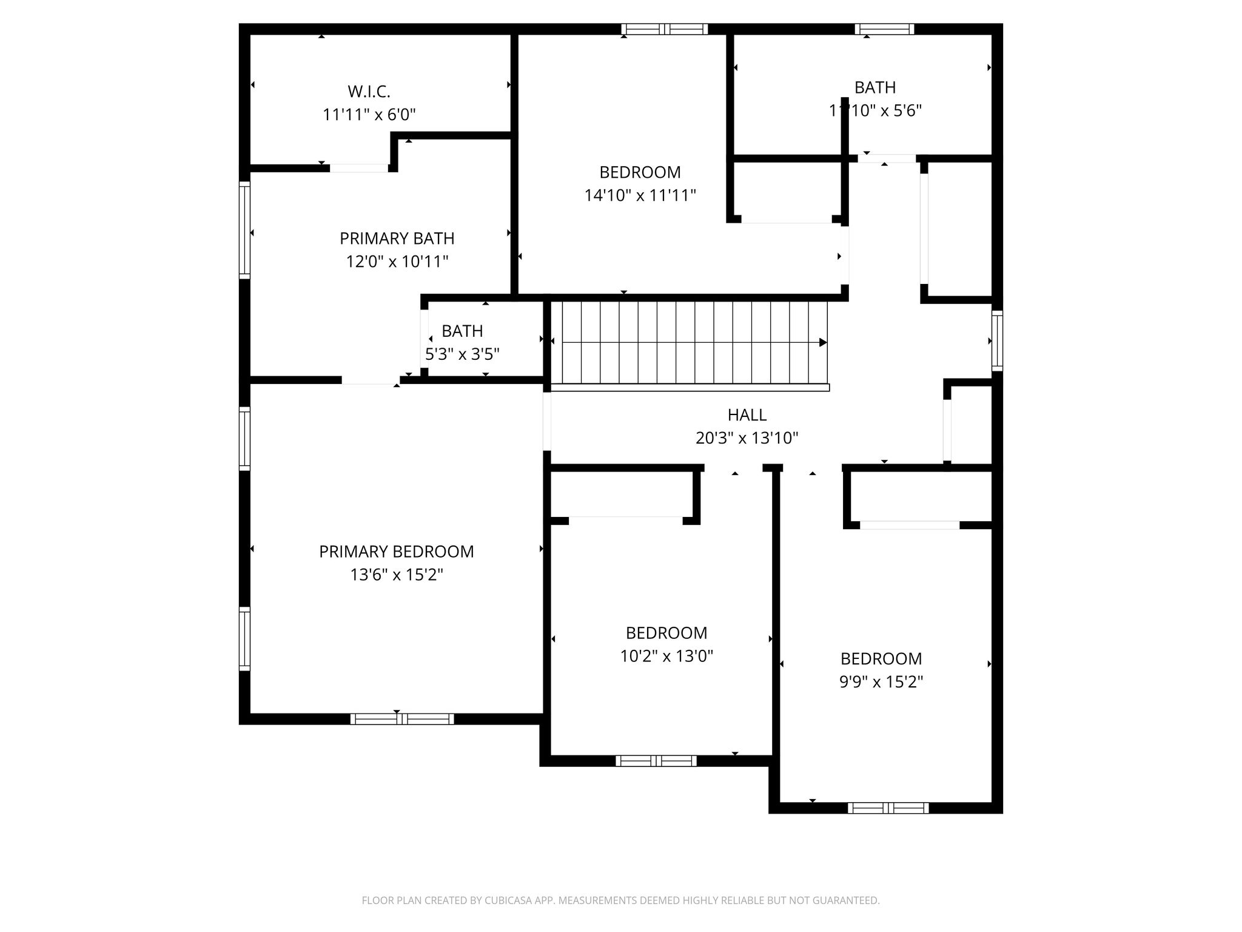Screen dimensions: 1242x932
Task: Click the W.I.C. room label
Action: coord(369,92)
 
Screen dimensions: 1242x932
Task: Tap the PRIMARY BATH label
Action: coord(397,238)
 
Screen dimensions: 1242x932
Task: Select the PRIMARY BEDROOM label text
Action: coord(397,552)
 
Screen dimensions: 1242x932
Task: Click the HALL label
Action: coord(747,415)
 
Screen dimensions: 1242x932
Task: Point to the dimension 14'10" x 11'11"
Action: coord(640,195)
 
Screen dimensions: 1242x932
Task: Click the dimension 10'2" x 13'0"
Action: coord(666,656)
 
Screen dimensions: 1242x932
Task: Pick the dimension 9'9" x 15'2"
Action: coord(881,681)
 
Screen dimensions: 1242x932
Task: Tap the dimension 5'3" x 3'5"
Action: coord(462,354)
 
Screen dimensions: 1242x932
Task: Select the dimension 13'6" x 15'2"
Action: coord(397,574)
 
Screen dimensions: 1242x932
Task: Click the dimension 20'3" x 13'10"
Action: coord(747,437)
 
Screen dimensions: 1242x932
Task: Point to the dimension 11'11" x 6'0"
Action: coord(369,114)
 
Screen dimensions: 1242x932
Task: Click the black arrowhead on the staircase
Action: coord(823,342)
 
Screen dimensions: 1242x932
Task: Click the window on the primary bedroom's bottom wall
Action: coord(402,719)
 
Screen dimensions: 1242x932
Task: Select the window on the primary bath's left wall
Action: coord(244,230)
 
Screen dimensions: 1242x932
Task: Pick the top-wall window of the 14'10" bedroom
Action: coord(665,29)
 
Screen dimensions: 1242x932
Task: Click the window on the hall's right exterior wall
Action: coord(997,340)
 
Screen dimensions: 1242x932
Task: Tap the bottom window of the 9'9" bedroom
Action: coord(888,808)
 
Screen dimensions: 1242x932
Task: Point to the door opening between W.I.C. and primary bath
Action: coord(358,168)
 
